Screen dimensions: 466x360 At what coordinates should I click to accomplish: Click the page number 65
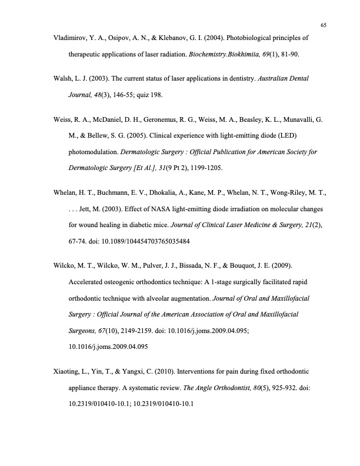(324, 25)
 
